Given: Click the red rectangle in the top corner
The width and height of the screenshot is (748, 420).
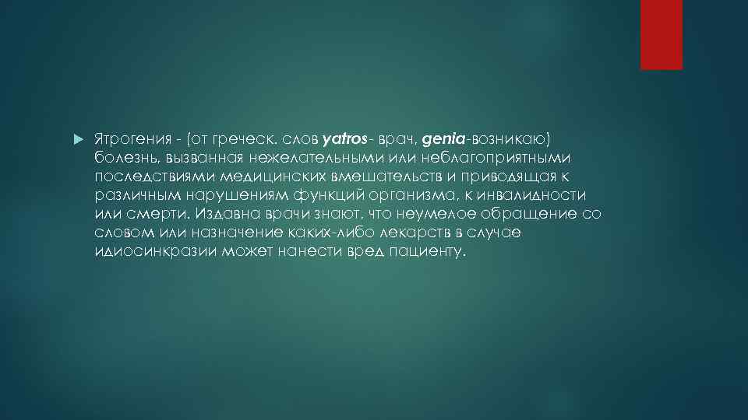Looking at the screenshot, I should [x=661, y=34].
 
